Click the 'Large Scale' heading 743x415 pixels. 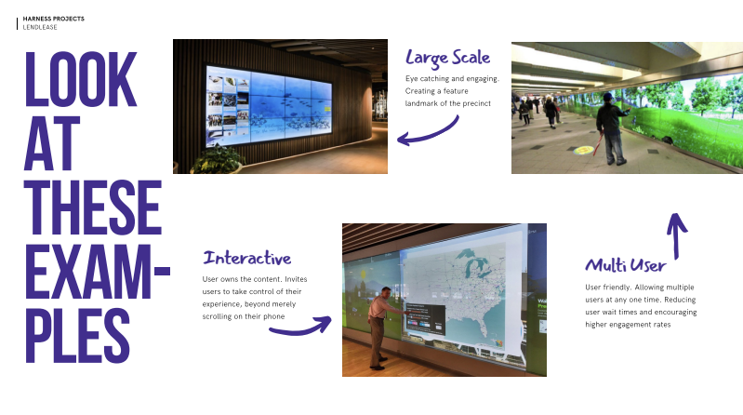coord(448,58)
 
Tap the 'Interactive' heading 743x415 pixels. coord(246,258)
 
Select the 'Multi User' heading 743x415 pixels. coord(626,265)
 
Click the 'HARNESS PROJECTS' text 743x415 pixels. coord(54,19)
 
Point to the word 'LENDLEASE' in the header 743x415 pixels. coord(40,27)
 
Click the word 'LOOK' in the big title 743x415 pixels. coord(81,79)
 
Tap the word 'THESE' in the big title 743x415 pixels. coord(93,207)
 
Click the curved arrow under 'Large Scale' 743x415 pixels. coord(428,132)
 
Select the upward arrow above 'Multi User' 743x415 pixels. coord(677,235)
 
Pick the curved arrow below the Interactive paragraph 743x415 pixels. coord(300,328)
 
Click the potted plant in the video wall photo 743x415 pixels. coord(217,160)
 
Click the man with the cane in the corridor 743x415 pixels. coord(613,128)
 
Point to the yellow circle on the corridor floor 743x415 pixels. coord(583,151)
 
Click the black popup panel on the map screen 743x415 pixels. coord(425,319)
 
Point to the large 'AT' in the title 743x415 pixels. coord(52,143)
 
